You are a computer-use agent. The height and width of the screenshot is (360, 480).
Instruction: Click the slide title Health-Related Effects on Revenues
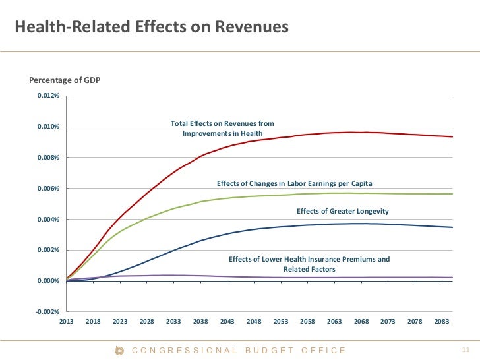(152, 28)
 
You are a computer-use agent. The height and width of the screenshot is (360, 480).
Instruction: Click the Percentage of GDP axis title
(65, 80)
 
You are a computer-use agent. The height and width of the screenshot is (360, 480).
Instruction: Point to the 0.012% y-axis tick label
(48, 96)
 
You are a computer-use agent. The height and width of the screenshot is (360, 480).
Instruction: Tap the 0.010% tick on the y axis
(48, 127)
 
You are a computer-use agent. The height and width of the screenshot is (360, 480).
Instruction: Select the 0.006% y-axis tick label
(48, 189)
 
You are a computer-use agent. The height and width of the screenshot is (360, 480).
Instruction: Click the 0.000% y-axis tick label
(48, 281)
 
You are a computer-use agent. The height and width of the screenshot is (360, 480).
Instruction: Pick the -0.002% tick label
(47, 312)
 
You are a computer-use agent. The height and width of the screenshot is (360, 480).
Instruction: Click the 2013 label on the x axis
(67, 321)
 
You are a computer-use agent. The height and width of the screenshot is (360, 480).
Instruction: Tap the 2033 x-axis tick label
(173, 321)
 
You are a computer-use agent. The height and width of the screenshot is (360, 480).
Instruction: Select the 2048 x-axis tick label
(254, 321)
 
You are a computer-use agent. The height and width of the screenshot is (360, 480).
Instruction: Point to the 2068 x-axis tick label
(361, 321)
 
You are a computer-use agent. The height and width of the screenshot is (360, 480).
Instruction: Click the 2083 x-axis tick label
(441, 321)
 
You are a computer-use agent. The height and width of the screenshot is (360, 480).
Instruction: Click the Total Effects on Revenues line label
(222, 129)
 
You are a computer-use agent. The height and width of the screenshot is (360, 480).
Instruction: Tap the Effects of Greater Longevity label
(343, 211)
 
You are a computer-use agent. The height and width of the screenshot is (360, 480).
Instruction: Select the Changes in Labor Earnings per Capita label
(299, 183)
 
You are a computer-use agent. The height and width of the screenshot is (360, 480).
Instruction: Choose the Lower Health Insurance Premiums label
(309, 264)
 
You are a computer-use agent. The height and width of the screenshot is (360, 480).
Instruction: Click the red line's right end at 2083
(452, 136)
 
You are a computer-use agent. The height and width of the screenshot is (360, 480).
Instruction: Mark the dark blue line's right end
(452, 227)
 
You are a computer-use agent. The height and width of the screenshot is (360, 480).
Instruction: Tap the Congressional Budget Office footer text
(239, 351)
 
